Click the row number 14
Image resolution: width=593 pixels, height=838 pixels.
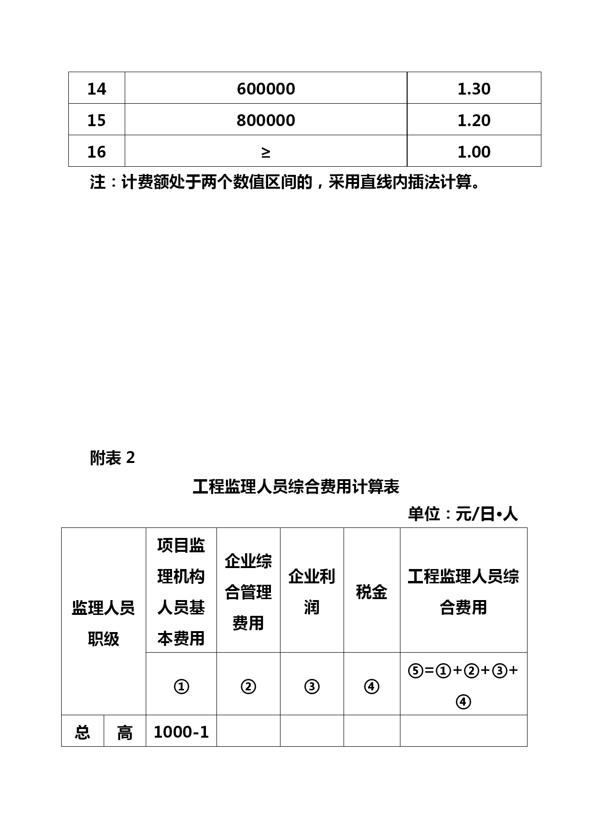coord(97,89)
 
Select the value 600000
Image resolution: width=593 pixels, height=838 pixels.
coord(266,89)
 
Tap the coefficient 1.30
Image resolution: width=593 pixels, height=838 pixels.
coord(474,89)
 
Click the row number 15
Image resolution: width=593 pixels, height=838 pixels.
coord(97,120)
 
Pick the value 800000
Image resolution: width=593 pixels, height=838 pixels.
coord(266,120)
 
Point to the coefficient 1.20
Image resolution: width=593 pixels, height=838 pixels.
coord(474,120)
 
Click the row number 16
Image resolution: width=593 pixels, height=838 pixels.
coord(97,152)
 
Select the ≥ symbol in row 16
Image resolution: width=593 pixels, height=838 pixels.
coord(266,152)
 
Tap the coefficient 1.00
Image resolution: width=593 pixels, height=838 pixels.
coord(474,152)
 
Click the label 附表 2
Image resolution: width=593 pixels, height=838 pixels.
coord(112,458)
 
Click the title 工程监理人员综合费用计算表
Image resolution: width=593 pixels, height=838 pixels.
coord(296,487)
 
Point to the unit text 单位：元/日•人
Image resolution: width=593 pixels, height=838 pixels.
coord(463,514)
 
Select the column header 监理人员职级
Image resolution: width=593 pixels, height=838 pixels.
coord(103,623)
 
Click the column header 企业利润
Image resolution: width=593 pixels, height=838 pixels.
coord(312,592)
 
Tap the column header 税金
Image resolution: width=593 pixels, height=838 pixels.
coord(371,592)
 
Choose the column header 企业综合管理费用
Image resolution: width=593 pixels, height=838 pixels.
coord(248,592)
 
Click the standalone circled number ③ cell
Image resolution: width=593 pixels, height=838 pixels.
coord(312,687)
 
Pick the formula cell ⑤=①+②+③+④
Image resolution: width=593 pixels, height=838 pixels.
coord(463,686)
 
